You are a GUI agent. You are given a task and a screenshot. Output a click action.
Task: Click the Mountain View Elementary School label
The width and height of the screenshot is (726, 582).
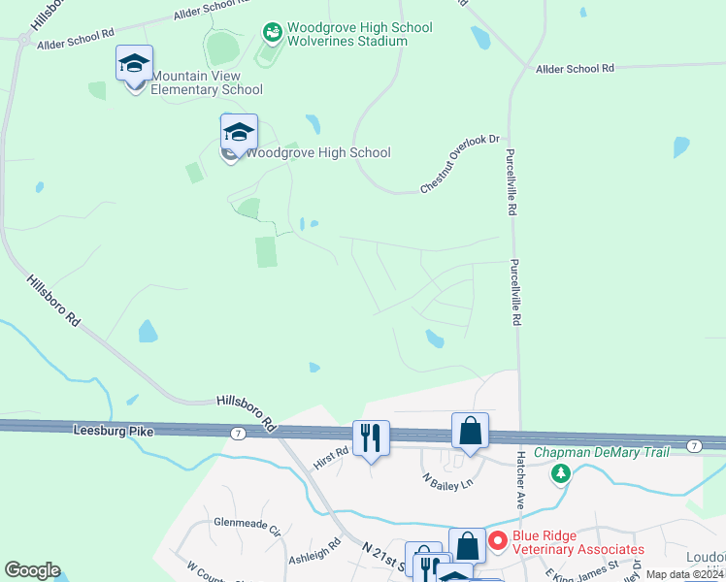[207, 82]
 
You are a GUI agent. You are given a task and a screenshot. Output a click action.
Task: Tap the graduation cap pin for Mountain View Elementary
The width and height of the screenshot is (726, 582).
[134, 65]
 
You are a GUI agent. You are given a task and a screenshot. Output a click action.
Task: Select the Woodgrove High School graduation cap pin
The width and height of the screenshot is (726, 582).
[239, 134]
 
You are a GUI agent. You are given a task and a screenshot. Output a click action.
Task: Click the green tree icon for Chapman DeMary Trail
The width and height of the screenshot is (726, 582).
[560, 473]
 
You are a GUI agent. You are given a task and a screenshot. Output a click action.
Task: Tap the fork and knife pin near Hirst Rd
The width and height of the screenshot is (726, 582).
[371, 439]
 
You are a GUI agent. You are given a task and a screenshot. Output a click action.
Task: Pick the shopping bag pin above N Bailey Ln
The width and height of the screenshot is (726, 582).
[470, 432]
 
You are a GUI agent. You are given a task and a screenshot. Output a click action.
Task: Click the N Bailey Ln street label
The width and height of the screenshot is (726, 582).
[445, 480]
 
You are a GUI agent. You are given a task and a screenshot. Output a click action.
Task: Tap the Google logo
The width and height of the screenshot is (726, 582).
[32, 570]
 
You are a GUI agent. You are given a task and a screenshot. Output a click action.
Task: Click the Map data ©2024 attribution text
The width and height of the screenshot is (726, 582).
[682, 574]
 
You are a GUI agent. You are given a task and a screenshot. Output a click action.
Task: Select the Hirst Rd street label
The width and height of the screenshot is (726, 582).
[331, 457]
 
